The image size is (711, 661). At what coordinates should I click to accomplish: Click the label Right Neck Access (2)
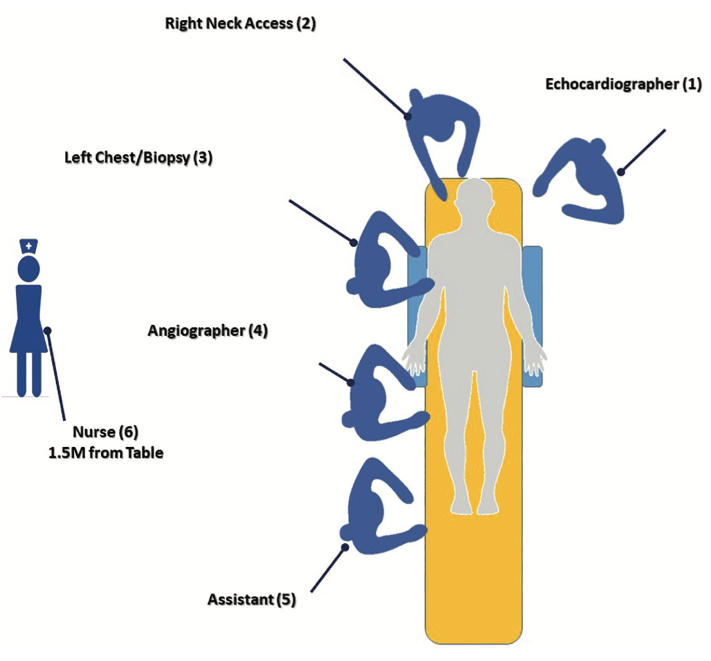point(240,24)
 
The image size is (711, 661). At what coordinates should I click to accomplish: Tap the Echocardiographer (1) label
point(623,84)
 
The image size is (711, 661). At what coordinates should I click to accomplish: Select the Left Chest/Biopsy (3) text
point(139,158)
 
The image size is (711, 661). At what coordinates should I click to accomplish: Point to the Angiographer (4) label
point(208,331)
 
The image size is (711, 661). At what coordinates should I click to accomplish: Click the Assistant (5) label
point(252,600)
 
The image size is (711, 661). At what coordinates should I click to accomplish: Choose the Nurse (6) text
point(105,432)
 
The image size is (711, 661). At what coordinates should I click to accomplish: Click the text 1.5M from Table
point(106,453)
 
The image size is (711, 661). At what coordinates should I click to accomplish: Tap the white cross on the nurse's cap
point(29,245)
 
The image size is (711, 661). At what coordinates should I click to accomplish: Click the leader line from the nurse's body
point(56,374)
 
